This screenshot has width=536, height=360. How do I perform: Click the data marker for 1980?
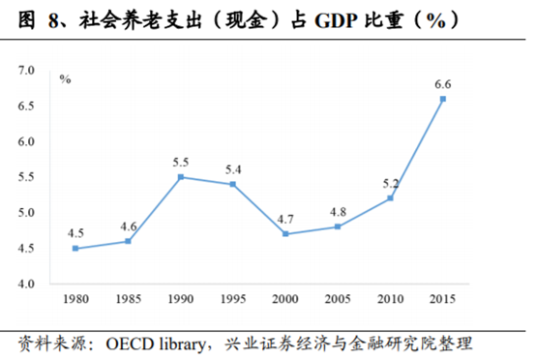75,249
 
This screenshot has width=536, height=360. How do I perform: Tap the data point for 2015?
442,99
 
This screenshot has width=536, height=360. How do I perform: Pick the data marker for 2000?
285,234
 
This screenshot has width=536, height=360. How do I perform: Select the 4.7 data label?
286,219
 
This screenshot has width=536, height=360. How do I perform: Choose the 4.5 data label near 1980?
75,233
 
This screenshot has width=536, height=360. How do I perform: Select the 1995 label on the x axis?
232,300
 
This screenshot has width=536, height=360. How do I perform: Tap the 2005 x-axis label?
338,300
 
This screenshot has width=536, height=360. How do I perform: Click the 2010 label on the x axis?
390,300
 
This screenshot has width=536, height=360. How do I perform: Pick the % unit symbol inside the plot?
66,79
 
